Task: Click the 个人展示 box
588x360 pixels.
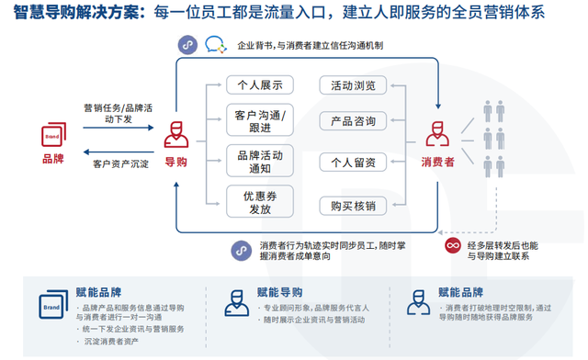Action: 259,85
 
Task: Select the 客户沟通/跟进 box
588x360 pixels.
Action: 259,123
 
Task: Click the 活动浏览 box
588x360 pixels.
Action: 347,85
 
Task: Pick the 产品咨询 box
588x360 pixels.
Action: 347,122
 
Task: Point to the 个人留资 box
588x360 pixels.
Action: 347,163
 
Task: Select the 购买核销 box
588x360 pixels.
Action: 347,206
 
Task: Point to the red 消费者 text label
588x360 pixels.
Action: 436,163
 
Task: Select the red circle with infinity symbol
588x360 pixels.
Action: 452,246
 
